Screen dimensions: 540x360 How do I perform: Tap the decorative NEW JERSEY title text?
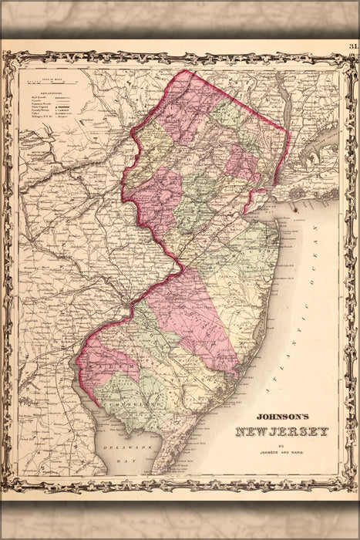[281, 431]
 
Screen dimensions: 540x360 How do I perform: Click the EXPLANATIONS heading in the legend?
[46, 87]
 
